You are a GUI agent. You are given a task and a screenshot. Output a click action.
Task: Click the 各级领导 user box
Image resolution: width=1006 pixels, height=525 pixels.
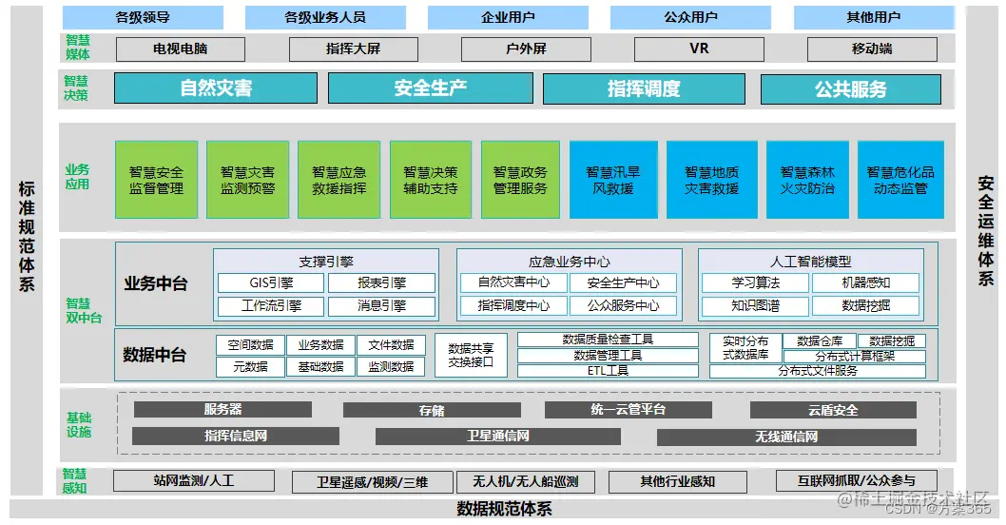(x=143, y=17)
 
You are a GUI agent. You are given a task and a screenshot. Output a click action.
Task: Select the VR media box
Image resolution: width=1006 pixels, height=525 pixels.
(x=699, y=49)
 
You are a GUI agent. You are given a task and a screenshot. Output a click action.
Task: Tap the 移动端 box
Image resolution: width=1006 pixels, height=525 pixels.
(x=872, y=49)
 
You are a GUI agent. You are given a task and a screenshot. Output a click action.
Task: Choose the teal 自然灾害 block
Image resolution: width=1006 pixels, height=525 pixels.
(x=216, y=88)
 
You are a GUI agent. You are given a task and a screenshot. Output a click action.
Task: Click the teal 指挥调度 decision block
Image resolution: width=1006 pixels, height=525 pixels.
(x=644, y=88)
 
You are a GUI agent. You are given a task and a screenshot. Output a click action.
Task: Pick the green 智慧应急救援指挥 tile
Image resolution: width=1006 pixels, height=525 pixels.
(x=339, y=181)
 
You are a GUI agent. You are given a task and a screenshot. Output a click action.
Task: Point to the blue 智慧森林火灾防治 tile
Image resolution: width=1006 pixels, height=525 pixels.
(x=807, y=181)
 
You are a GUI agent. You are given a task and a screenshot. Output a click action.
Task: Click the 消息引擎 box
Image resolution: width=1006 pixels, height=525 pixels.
(x=381, y=306)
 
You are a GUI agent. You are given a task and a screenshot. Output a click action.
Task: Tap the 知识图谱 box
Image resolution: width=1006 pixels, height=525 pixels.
(x=756, y=306)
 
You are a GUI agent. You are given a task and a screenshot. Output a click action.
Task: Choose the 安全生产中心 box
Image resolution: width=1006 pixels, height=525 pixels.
(x=623, y=282)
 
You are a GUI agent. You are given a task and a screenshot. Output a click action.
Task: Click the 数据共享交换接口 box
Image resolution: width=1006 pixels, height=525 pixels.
(x=471, y=355)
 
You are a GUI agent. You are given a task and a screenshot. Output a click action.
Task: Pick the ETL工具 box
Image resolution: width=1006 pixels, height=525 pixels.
(x=608, y=371)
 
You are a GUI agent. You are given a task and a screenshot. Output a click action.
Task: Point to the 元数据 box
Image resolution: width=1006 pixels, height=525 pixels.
(x=250, y=366)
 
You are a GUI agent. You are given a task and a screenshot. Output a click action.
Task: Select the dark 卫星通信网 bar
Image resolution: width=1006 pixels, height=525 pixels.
(x=497, y=437)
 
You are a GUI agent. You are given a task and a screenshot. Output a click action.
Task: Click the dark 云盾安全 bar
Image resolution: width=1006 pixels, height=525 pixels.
(x=833, y=410)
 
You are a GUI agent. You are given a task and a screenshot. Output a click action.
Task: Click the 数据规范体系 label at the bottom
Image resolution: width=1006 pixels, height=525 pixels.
(x=504, y=509)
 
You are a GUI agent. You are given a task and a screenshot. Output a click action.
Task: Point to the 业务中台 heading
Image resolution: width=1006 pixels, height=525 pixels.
(x=155, y=283)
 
